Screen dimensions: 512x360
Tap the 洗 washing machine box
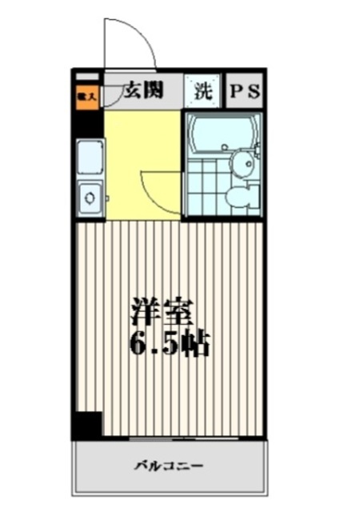coord(203,91)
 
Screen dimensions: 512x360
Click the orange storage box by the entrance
coord(86,95)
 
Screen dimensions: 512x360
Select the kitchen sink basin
coord(90,158)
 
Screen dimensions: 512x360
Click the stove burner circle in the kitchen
coord(90,196)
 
